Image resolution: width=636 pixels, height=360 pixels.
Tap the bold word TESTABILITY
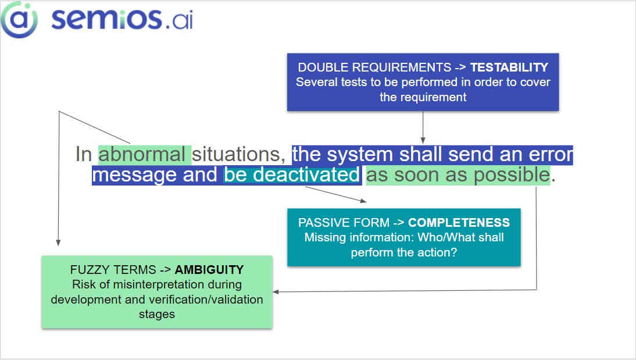[x=509, y=67]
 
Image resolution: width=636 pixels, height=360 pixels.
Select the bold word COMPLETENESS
[x=459, y=223]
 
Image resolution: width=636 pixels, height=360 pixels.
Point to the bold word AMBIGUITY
[x=209, y=270]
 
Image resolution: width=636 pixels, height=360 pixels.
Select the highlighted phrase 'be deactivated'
[x=291, y=175]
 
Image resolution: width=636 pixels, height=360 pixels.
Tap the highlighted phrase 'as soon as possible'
[x=458, y=175]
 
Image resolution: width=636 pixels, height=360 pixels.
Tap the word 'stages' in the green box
[x=157, y=314]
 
